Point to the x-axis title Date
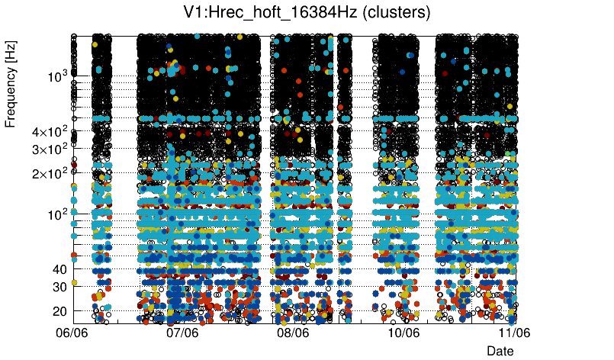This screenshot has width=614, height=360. pyautogui.click(x=500, y=350)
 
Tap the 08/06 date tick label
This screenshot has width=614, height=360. pyautogui.click(x=294, y=333)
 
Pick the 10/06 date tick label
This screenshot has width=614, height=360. pyautogui.click(x=404, y=333)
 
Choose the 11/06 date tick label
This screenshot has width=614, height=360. pyautogui.click(x=515, y=333)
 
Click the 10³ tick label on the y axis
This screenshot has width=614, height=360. pyautogui.click(x=57, y=76)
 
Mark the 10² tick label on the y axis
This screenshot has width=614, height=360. pyautogui.click(x=57, y=214)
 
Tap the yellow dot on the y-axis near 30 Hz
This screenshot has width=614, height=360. pyautogui.click(x=74, y=283)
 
